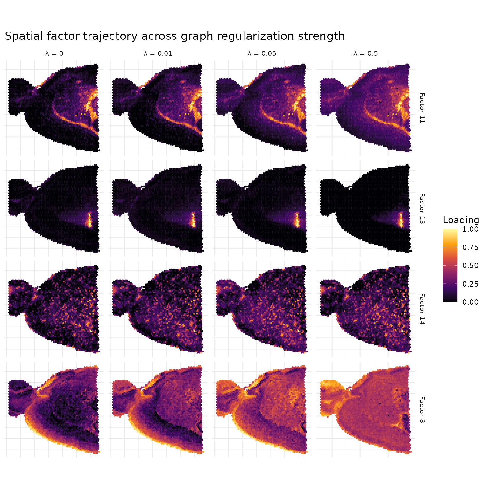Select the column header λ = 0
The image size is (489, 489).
[54, 53]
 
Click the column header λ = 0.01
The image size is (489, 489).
[158, 53]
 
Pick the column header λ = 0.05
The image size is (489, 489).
[262, 53]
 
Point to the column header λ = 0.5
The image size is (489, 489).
[365, 53]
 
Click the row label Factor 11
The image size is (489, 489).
[422, 108]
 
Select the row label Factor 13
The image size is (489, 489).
[422, 209]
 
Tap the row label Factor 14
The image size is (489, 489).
[422, 309]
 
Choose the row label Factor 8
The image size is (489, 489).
[422, 410]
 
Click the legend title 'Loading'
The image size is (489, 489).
[461, 220]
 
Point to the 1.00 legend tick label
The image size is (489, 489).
[470, 229]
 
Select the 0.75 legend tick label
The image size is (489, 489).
[470, 247]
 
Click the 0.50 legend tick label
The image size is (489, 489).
[470, 266]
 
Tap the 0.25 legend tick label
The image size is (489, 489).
[470, 284]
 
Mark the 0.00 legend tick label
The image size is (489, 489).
[470, 302]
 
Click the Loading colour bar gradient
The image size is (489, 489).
[450, 265]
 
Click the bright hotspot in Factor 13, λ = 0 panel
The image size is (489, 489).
[89, 220]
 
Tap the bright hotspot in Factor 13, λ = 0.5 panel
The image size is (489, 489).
[401, 220]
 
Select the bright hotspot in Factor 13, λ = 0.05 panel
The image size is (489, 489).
[297, 220]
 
